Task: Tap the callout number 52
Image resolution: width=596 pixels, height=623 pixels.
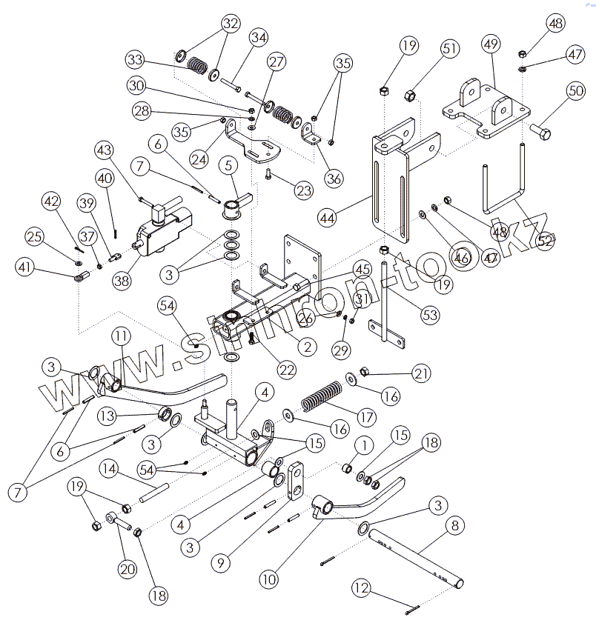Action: (x=546, y=241)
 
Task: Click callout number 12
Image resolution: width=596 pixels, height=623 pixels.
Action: (x=361, y=589)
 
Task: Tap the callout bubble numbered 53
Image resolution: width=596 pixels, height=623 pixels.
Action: (x=429, y=316)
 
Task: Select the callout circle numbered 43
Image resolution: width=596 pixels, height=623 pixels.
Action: (x=105, y=150)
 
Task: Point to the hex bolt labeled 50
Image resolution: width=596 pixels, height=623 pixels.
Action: (x=540, y=135)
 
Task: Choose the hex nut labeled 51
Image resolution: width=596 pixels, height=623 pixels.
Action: (x=408, y=96)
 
